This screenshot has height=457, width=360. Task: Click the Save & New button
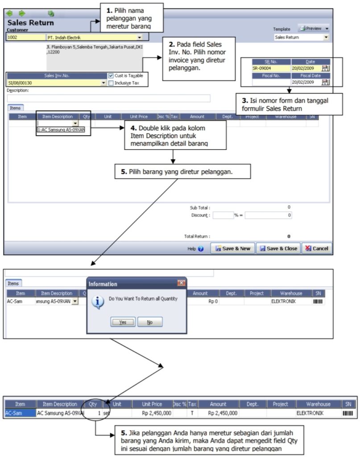[x=233, y=249]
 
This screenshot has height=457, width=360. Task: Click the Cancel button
[x=316, y=249]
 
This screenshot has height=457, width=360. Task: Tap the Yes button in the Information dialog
[x=123, y=322]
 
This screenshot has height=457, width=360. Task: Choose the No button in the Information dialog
[x=149, y=322]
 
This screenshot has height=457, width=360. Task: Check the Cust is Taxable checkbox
[x=111, y=76]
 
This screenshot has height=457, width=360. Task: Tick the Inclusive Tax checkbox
[x=111, y=83]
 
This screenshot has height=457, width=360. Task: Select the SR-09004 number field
[x=271, y=68]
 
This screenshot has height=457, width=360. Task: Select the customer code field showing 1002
[x=26, y=37]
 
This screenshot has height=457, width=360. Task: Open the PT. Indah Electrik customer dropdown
[x=139, y=38]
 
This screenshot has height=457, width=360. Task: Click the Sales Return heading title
[x=30, y=23]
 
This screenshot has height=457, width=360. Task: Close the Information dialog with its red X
[x=181, y=283]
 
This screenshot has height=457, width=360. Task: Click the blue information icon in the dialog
[x=97, y=302]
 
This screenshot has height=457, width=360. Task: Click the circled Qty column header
[x=93, y=404]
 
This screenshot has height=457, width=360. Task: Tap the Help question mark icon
[x=201, y=249]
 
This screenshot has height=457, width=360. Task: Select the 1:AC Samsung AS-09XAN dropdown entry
[x=61, y=129]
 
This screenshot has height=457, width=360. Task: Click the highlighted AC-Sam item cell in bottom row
[x=20, y=413]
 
